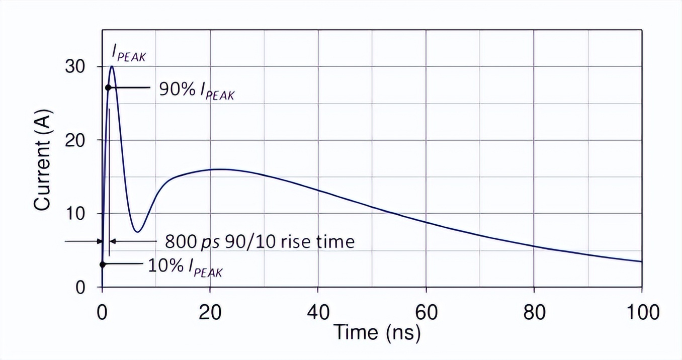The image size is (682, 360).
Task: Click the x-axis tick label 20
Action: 210,312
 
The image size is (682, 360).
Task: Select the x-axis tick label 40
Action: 318,312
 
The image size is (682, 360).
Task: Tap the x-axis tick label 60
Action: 426,312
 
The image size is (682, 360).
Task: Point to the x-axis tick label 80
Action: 534,312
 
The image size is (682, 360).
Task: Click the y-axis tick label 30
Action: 75,67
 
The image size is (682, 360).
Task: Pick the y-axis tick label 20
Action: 75,140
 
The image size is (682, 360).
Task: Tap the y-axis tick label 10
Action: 75,214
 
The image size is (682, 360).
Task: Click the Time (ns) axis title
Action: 377,333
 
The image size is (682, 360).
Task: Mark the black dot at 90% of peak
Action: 108,87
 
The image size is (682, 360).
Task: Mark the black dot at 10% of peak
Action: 103,264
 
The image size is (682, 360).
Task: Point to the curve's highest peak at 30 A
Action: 112,66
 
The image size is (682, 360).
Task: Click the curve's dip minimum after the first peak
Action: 138,232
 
